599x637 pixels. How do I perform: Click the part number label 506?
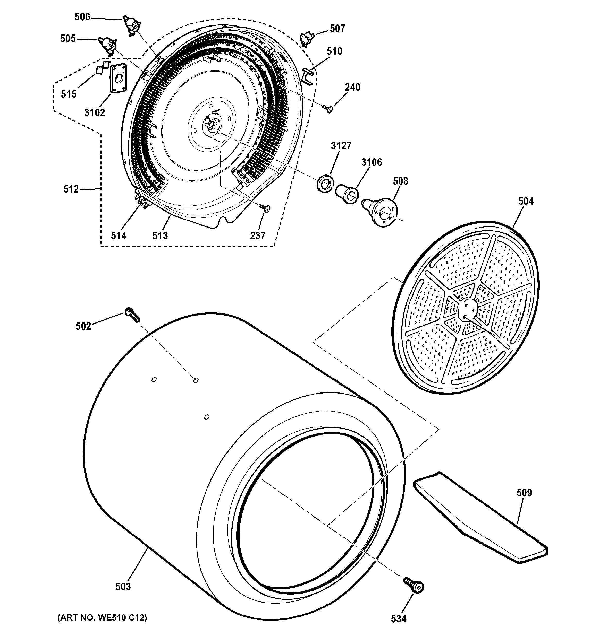(82, 17)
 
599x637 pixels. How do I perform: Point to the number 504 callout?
(526, 201)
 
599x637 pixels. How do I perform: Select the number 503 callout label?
(123, 587)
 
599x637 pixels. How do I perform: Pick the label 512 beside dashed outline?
(71, 189)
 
